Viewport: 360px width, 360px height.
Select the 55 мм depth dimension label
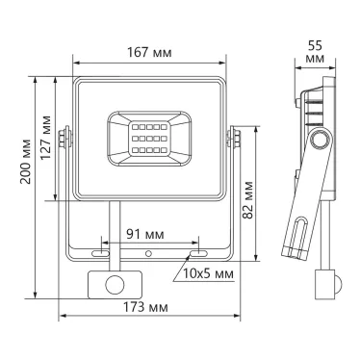pyautogui.click(x=313, y=52)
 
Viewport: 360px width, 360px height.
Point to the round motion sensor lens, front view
pyautogui.click(x=115, y=285)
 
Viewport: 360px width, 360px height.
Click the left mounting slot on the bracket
pyautogui.click(x=100, y=254)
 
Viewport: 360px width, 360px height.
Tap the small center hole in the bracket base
pyautogui.click(x=148, y=254)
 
